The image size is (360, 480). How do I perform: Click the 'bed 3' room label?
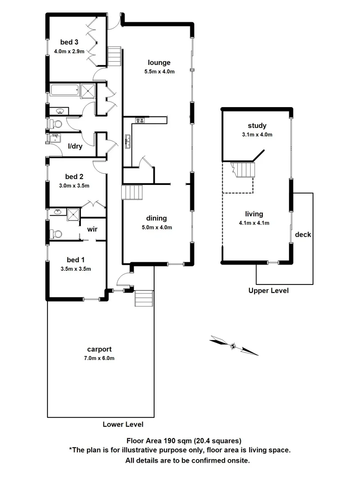(x=69, y=43)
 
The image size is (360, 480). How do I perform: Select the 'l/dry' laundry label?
(x=75, y=146)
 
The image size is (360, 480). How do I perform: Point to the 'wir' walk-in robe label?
(x=92, y=229)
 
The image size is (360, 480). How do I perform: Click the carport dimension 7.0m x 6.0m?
(x=100, y=358)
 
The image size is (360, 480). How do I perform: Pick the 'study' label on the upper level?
(x=258, y=126)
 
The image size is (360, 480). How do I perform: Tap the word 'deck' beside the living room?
(x=303, y=235)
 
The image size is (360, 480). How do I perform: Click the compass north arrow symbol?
(x=233, y=345)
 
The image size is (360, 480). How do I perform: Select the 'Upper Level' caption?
(x=268, y=291)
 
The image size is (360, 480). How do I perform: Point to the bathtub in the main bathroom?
(x=64, y=90)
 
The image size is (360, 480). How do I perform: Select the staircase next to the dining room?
(x=132, y=193)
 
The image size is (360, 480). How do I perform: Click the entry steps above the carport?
(x=144, y=298)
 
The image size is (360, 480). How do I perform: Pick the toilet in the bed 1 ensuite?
(x=56, y=233)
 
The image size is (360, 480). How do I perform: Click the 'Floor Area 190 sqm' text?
(x=184, y=441)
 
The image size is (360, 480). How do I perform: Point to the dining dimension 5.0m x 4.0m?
(x=153, y=227)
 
